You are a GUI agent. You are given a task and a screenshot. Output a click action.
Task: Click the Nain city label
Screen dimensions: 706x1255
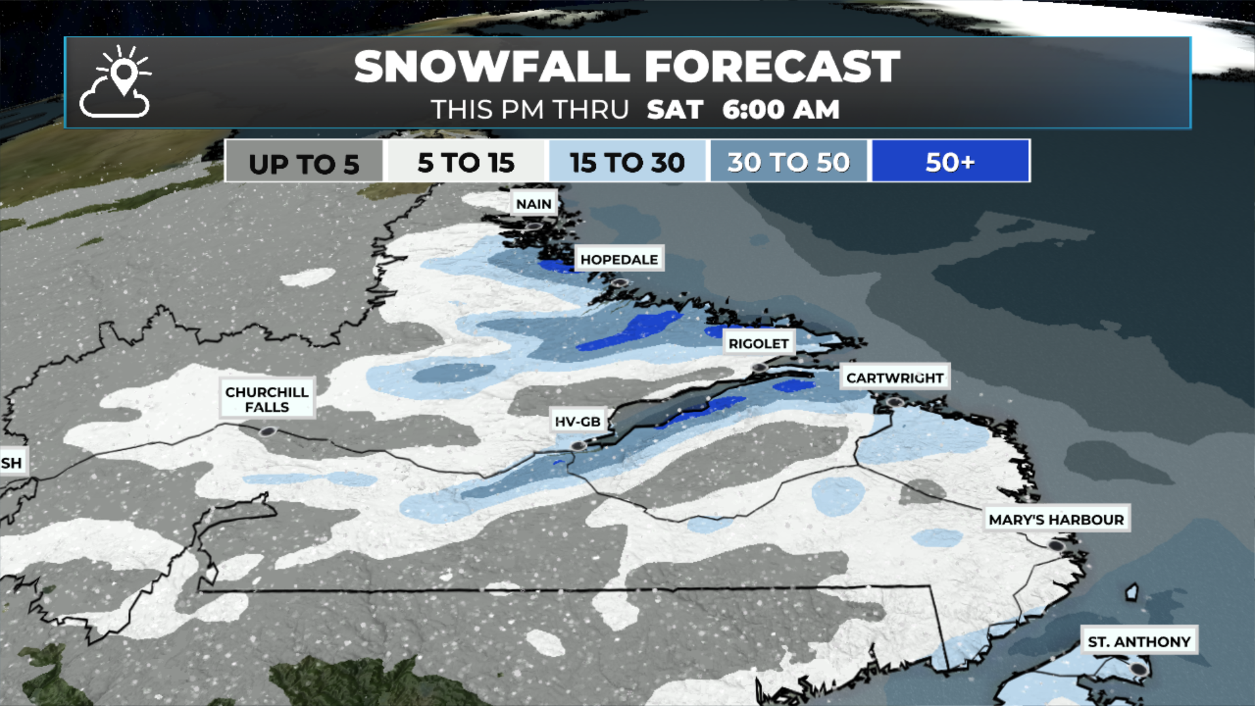[533, 204]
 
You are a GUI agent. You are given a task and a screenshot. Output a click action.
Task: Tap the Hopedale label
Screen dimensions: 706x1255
[618, 260]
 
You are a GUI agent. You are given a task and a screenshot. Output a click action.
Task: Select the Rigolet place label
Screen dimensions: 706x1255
[758, 344]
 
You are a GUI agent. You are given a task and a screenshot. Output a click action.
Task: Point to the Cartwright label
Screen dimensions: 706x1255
[894, 378]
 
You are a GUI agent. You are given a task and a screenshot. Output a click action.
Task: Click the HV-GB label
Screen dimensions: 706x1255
[577, 422]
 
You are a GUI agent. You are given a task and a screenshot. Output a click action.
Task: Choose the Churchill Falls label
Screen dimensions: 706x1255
[267, 399]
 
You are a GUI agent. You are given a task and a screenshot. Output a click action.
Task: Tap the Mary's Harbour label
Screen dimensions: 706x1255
[1056, 520]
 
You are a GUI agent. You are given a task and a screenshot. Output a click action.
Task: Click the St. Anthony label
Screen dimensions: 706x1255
[1139, 642]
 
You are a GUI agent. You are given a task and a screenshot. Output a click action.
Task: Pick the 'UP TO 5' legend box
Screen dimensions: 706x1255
[304, 162]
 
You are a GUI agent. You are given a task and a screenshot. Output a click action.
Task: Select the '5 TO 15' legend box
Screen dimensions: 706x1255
[466, 162]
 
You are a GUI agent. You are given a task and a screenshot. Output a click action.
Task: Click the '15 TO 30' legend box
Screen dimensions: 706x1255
[627, 162]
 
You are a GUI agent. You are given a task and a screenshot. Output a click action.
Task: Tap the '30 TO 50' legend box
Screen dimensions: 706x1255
[788, 162]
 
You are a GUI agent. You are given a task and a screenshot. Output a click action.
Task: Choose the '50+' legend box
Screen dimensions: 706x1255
[950, 162]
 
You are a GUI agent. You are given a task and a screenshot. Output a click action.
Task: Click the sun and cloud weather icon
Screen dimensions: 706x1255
[116, 82]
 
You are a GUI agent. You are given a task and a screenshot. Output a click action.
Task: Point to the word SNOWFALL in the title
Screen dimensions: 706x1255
[493, 67]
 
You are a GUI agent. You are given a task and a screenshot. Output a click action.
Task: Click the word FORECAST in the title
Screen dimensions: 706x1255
[772, 67]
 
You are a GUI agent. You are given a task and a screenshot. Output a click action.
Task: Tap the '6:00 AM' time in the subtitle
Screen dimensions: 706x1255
[780, 110]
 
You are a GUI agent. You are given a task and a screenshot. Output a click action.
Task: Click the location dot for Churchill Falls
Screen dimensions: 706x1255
[267, 431]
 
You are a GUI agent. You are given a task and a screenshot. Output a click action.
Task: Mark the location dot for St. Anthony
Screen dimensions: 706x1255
[1139, 669]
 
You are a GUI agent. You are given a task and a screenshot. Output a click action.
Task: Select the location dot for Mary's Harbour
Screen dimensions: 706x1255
[1056, 545]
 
